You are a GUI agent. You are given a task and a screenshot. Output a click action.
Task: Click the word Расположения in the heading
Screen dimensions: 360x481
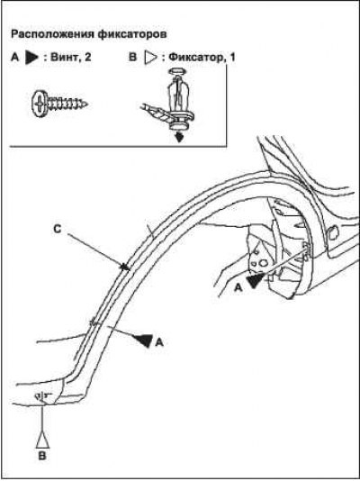pyautogui.click(x=52, y=34)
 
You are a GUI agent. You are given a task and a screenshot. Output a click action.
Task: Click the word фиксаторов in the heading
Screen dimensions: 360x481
pyautogui.click(x=132, y=34)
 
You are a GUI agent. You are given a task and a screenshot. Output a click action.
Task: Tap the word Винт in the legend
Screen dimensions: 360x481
pyautogui.click(x=63, y=57)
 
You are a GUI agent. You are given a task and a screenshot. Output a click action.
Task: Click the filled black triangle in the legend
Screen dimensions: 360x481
pyautogui.click(x=31, y=58)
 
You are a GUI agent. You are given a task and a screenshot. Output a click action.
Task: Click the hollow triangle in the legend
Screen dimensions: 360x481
pyautogui.click(x=150, y=58)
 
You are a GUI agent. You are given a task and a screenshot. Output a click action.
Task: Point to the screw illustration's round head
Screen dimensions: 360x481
pyautogui.click(x=40, y=104)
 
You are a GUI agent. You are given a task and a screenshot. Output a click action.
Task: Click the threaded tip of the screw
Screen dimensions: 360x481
pyautogui.click(x=85, y=104)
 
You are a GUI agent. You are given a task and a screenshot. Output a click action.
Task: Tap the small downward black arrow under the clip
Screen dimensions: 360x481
pyautogui.click(x=179, y=137)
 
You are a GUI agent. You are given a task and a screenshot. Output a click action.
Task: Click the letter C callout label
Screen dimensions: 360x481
pyautogui.click(x=57, y=229)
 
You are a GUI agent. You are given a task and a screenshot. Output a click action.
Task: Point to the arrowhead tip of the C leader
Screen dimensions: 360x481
pyautogui.click(x=128, y=268)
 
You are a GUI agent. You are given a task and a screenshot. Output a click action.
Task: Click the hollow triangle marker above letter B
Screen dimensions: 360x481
pyautogui.click(x=42, y=440)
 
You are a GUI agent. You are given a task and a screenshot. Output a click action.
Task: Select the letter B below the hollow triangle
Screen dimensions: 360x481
pyautogui.click(x=42, y=456)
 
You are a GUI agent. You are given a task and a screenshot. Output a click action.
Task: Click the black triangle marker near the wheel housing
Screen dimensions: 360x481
pyautogui.click(x=256, y=280)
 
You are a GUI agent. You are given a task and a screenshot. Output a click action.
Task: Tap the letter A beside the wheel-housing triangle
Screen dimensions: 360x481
pyautogui.click(x=238, y=287)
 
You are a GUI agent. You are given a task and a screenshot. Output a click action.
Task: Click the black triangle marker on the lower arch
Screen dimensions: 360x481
pyautogui.click(x=143, y=340)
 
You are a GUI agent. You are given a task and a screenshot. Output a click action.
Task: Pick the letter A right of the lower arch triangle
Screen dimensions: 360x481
pyautogui.click(x=158, y=342)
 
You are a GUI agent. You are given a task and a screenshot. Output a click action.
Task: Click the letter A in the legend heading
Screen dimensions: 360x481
pyautogui.click(x=15, y=58)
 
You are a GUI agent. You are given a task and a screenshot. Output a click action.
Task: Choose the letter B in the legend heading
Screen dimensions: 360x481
pyautogui.click(x=132, y=58)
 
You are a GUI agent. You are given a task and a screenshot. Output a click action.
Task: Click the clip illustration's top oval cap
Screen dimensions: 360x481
pyautogui.click(x=176, y=71)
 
